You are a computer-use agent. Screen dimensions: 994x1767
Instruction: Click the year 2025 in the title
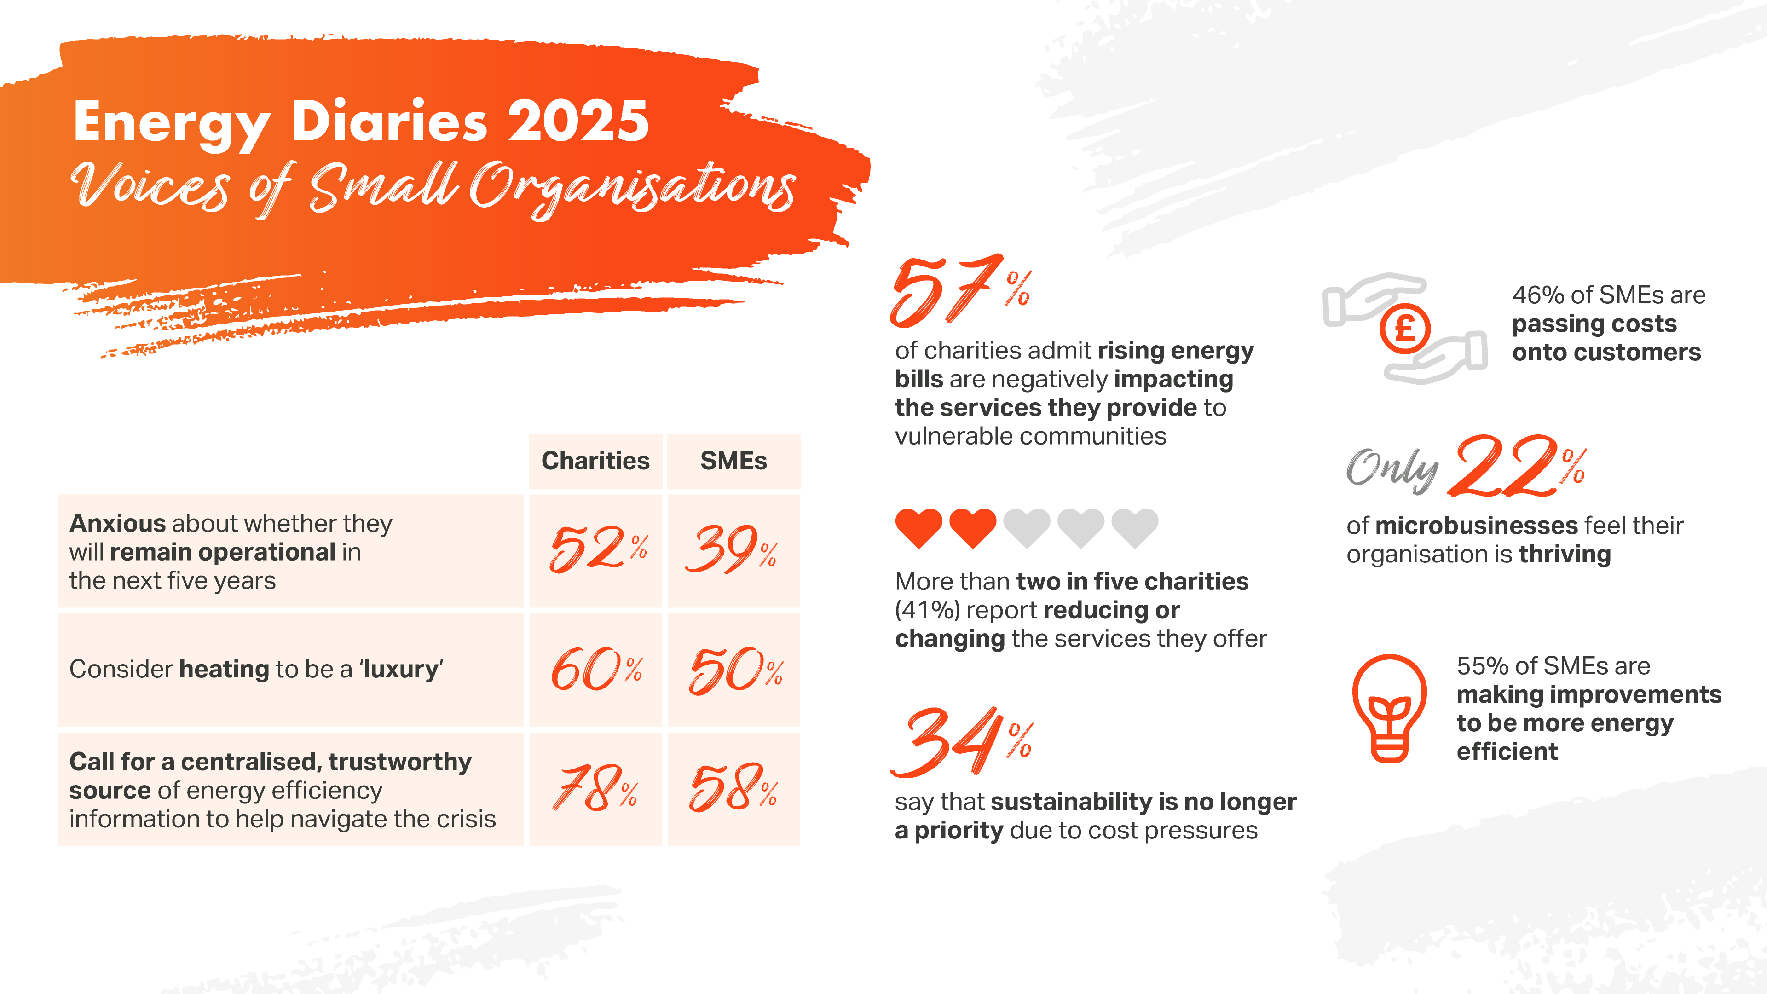coord(577,121)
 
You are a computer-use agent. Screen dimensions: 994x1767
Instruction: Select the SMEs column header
coord(733,460)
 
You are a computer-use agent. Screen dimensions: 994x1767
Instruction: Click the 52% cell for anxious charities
coord(596,549)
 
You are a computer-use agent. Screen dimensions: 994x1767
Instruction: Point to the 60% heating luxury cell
coord(596,670)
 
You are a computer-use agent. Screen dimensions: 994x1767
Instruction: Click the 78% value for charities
coord(595,788)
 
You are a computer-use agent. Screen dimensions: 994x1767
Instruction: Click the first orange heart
coord(918,527)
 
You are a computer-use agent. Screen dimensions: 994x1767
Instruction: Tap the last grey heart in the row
coord(1135,527)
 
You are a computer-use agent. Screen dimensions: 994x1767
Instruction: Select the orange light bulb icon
coord(1389,708)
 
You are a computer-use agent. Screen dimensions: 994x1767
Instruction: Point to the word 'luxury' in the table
coord(401,669)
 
